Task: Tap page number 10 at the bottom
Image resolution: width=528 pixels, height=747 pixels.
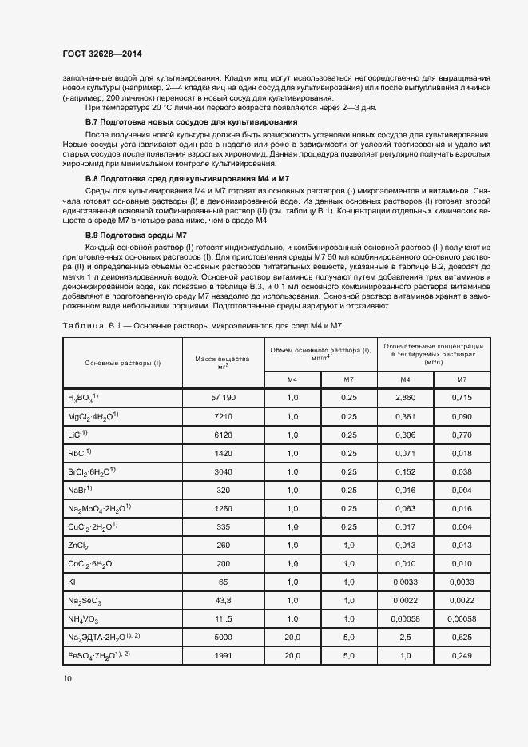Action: pos(67,678)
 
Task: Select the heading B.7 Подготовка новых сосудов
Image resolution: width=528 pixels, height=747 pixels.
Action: pos(191,121)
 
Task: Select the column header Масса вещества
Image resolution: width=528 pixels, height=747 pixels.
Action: pos(223,362)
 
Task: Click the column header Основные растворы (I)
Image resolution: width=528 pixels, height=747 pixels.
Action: pos(122,363)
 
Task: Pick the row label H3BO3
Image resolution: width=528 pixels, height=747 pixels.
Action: pos(82,397)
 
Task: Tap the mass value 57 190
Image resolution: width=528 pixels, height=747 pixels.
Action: pos(223,397)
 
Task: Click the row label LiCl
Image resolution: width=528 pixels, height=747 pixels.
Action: pos(77,435)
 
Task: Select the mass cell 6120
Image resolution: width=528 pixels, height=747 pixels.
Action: pos(223,435)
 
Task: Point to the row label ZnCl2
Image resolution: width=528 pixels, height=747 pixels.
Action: pos(78,545)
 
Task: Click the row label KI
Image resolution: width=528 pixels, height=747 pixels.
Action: pos(72,582)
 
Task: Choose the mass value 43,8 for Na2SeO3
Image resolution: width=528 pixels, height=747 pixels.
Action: pos(223,600)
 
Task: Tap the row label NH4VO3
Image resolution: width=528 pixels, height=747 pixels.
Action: pos(85,619)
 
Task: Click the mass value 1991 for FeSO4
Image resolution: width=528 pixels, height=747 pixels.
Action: pos(223,655)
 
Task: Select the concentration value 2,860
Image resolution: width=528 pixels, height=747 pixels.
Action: pos(405,397)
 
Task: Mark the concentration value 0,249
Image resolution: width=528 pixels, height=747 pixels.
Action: pos(462,655)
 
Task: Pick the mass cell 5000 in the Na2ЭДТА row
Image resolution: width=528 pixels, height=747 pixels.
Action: pos(223,637)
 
